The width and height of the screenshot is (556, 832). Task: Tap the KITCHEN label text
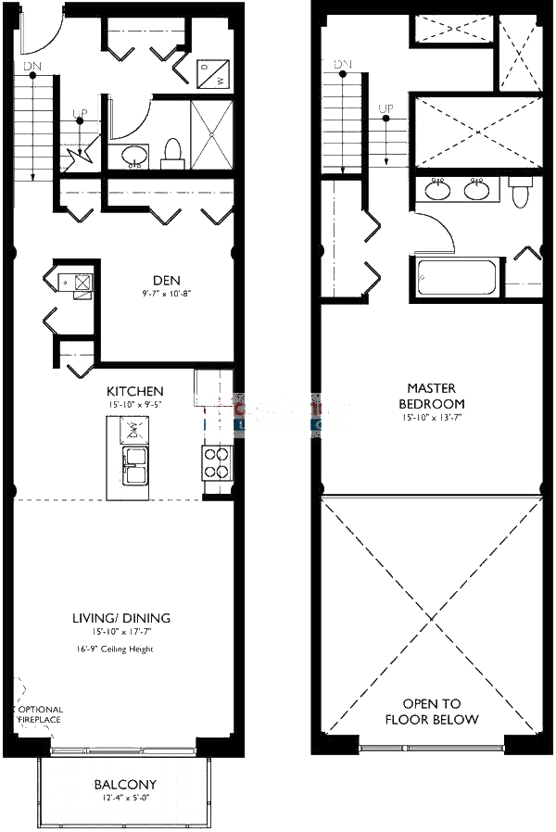pyautogui.click(x=135, y=392)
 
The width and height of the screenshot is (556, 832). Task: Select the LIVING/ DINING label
pyautogui.click(x=121, y=618)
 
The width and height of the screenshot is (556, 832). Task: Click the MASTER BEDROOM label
pyautogui.click(x=432, y=396)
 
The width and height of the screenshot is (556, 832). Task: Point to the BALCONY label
pyautogui.click(x=125, y=784)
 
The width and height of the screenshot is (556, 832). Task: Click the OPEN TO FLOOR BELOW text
pyautogui.click(x=432, y=712)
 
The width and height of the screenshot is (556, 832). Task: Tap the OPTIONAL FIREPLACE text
pyautogui.click(x=39, y=716)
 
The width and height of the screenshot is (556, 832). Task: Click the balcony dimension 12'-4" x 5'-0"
pyautogui.click(x=125, y=798)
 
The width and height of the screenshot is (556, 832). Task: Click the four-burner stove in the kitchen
pyautogui.click(x=217, y=461)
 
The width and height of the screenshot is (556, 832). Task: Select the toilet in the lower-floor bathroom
pyautogui.click(x=172, y=153)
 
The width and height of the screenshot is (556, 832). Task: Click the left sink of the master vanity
pyautogui.click(x=438, y=191)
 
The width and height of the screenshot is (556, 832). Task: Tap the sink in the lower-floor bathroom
pyautogui.click(x=134, y=156)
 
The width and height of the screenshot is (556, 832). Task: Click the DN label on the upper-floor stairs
pyautogui.click(x=344, y=65)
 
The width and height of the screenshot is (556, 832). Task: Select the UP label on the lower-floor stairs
pyautogui.click(x=81, y=114)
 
